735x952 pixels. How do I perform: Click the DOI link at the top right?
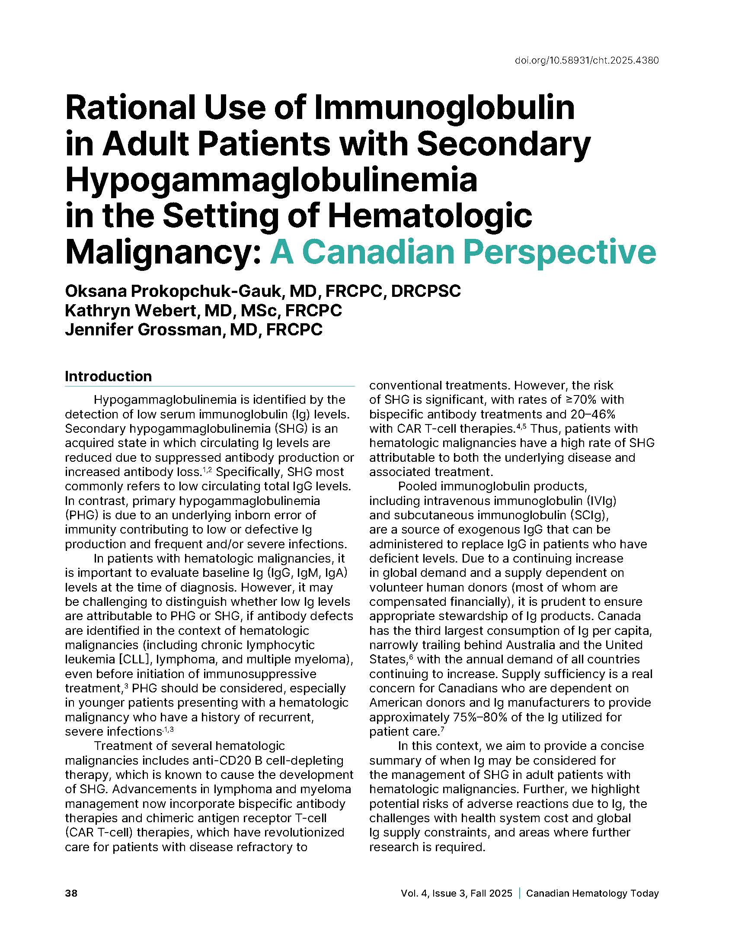tap(586, 61)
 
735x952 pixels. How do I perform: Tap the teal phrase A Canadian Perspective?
tap(463, 252)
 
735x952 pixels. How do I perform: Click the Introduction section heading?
tap(109, 376)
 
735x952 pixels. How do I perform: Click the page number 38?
tap(71, 893)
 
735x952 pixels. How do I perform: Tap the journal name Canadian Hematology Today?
tap(592, 893)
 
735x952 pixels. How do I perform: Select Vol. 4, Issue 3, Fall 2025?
tap(456, 893)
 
